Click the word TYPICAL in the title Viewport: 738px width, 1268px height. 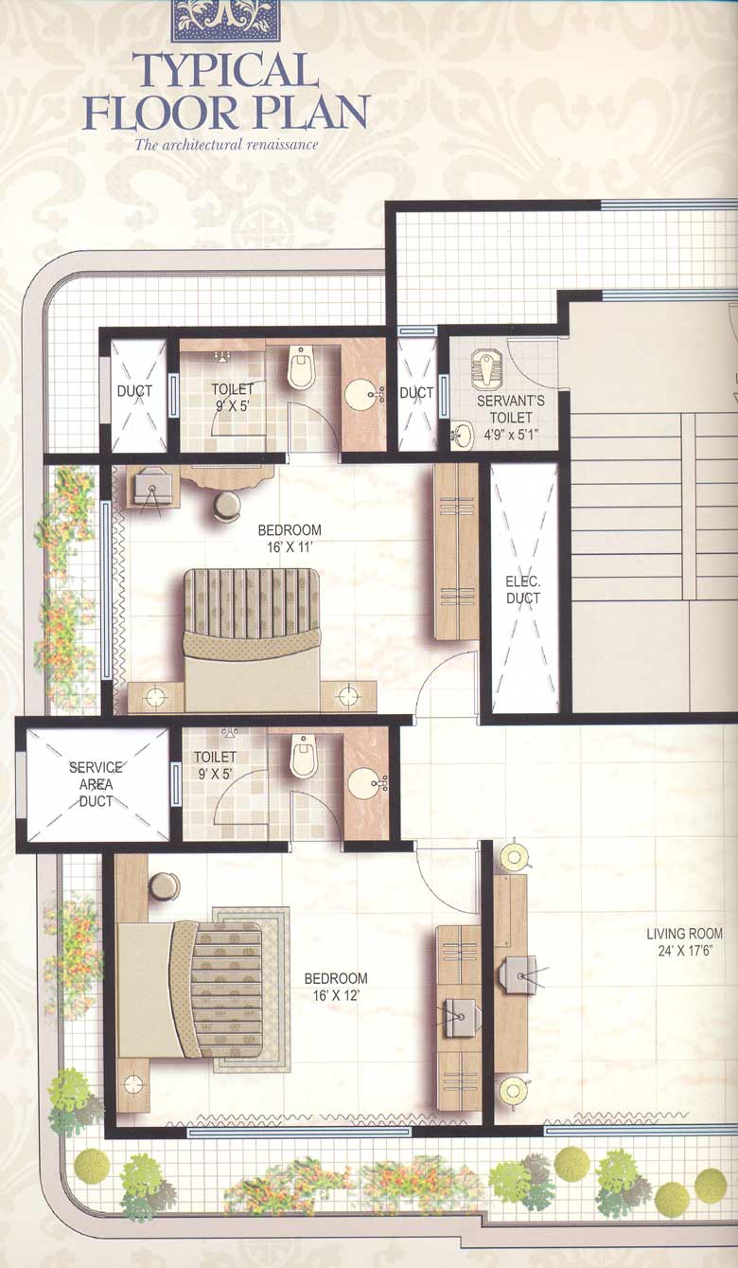225,72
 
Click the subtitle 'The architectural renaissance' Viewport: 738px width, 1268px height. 225,145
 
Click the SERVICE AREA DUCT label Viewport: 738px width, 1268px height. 96,783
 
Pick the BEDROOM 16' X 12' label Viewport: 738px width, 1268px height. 335,986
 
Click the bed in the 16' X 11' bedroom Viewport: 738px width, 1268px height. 252,638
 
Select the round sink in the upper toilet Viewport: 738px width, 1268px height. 360,396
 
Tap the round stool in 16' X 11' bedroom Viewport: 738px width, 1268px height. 227,507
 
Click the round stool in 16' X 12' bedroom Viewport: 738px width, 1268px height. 164,886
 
